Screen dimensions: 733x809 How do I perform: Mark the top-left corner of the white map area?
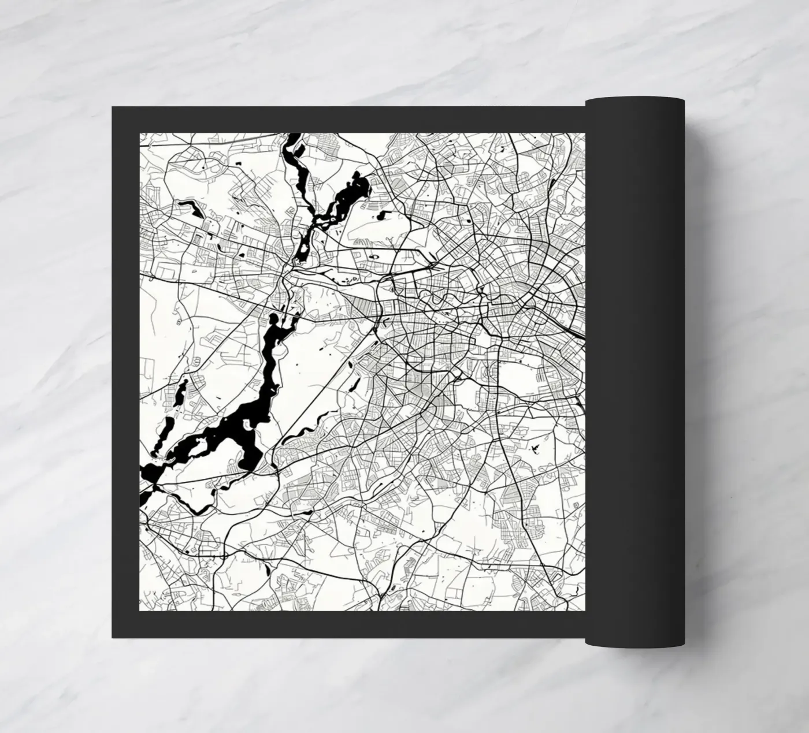point(141,134)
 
